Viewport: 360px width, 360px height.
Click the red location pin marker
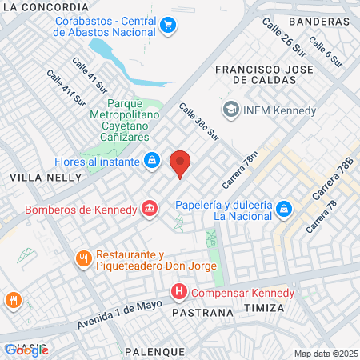coord(181,162)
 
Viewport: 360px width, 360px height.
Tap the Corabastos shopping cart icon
coord(167,25)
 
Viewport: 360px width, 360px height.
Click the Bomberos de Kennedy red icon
coord(149,210)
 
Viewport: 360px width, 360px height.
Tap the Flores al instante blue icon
coord(150,160)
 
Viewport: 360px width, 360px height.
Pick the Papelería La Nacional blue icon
coord(282,210)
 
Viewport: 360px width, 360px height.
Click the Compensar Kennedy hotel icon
coord(179,292)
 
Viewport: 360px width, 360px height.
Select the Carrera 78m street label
coord(242,170)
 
